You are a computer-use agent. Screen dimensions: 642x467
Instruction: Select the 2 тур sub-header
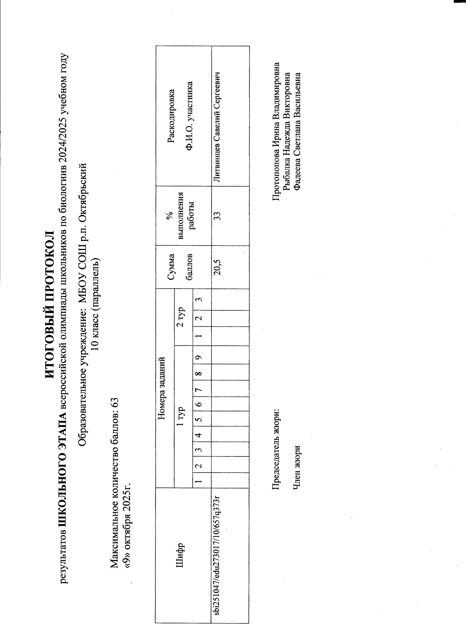pos(181,317)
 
